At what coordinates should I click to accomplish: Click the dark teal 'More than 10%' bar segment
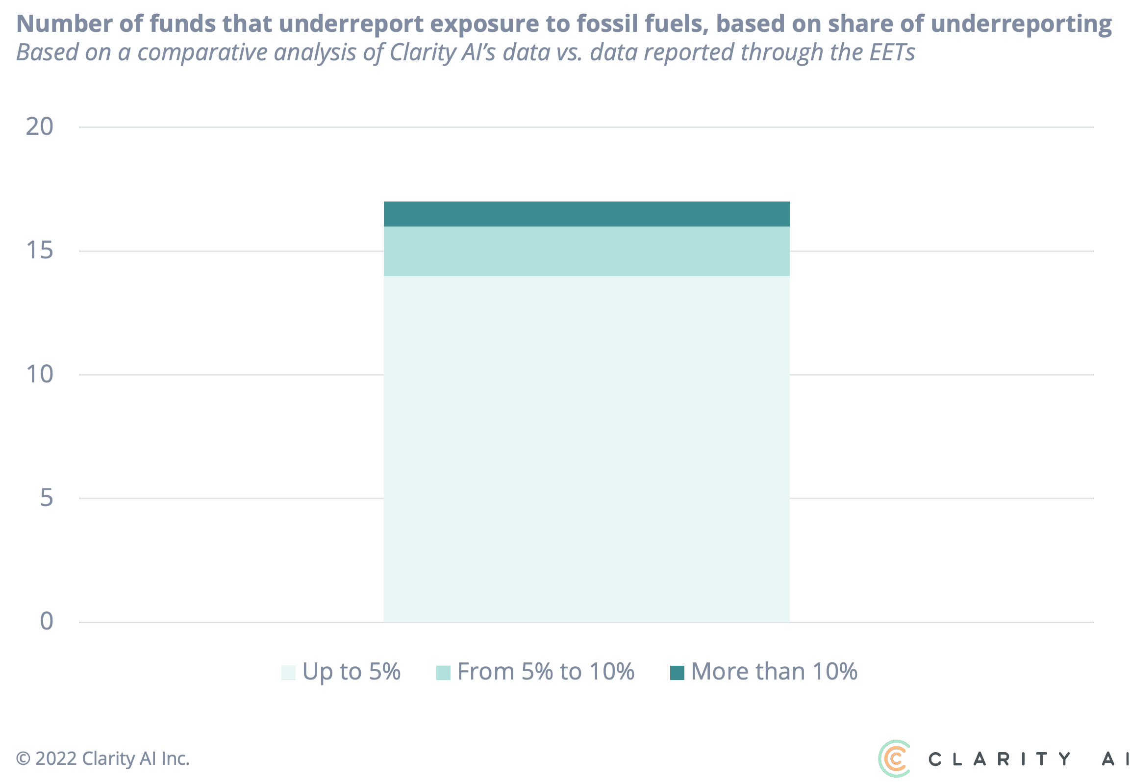586,214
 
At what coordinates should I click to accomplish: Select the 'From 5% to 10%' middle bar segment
586,251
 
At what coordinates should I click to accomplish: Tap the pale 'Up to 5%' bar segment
586,449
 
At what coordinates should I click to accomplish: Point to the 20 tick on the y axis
39,127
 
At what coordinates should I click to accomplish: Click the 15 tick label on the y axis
39,251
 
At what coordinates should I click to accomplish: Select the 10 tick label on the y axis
39,375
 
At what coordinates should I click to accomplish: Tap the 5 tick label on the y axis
46,498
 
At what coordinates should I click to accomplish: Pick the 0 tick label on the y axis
46,622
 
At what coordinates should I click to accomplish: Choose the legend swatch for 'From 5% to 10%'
443,673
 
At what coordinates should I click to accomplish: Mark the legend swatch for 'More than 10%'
677,673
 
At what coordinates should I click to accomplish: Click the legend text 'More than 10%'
774,672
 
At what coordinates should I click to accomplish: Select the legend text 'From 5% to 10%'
546,672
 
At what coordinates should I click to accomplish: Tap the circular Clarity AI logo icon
895,758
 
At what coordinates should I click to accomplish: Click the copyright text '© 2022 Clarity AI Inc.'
102,759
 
